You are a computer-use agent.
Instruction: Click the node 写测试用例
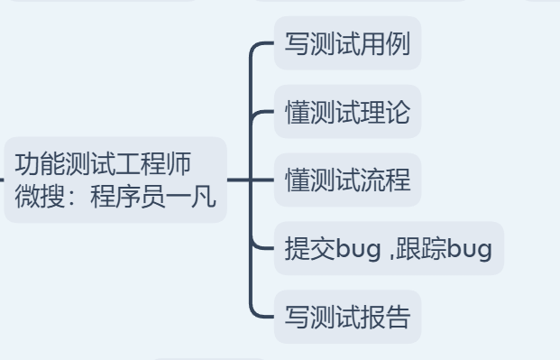click(x=347, y=44)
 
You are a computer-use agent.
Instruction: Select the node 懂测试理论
click(x=347, y=113)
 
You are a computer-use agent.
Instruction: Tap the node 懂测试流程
click(x=347, y=180)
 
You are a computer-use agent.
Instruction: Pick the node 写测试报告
click(x=347, y=318)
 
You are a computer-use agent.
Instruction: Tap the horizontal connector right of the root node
click(x=238, y=180)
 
